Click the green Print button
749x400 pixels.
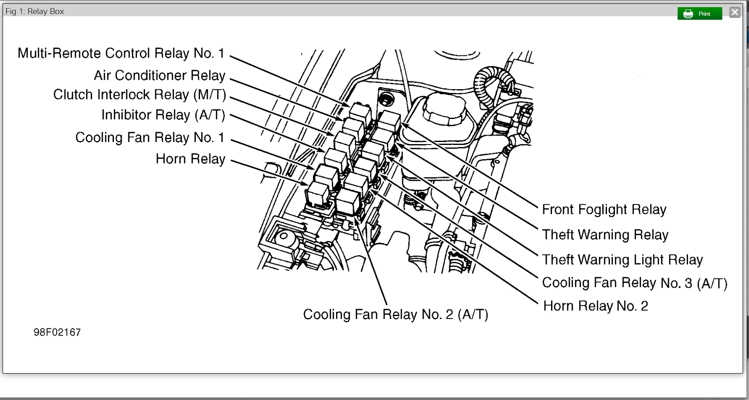(x=700, y=14)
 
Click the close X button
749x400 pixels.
(x=734, y=12)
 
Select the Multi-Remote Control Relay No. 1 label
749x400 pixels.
(x=121, y=53)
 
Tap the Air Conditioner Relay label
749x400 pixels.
(x=160, y=75)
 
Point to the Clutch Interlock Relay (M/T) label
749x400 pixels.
(x=139, y=95)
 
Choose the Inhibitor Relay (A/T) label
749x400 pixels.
(x=163, y=115)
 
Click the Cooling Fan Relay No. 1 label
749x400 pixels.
(x=150, y=138)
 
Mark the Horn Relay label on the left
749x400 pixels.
(x=190, y=159)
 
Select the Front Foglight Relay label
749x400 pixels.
(x=604, y=209)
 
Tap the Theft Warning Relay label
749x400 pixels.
(x=605, y=235)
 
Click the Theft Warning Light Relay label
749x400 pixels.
(x=622, y=260)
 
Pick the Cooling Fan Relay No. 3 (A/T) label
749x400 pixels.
(x=634, y=283)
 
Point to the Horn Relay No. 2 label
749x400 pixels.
(x=595, y=306)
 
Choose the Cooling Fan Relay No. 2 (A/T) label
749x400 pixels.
(x=395, y=315)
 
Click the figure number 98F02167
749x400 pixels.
(x=57, y=333)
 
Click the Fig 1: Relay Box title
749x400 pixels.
(x=35, y=12)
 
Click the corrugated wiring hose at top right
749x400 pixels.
(x=491, y=81)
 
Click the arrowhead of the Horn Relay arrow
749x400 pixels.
(x=305, y=184)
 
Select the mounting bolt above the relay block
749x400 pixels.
(x=387, y=99)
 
